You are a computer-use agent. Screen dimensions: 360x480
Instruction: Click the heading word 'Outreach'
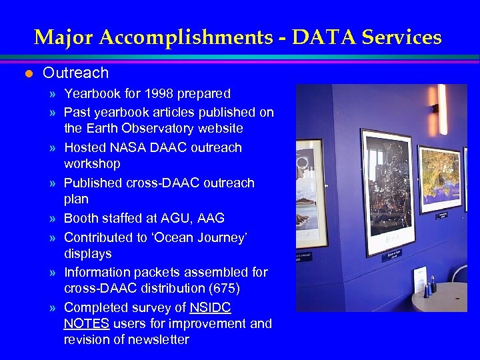coord(75,73)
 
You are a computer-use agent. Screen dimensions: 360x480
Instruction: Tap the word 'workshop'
coord(92,163)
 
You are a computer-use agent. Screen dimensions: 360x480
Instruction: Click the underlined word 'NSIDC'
coord(210,307)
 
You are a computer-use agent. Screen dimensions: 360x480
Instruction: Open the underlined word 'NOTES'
coord(87,323)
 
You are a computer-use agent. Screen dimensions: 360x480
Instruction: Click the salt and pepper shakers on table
coord(429,288)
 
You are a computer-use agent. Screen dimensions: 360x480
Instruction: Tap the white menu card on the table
coord(419,279)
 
